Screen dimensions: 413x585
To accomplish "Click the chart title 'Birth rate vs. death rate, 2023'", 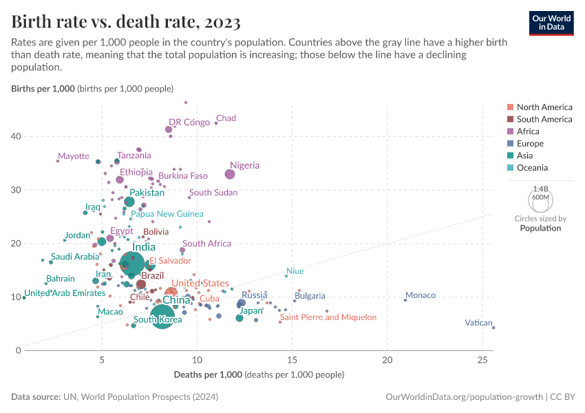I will pos(126,22).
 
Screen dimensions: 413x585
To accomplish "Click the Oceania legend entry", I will pos(531,168).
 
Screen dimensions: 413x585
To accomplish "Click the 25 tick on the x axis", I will pos(482,359).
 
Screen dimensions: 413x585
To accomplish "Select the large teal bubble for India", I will pos(132,264).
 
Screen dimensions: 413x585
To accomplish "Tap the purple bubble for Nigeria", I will pos(230,174).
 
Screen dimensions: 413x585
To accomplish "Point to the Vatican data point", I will pos(493,328).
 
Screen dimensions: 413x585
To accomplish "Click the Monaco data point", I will pos(405,300).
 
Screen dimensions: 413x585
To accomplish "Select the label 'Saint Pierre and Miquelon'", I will pos(328,317).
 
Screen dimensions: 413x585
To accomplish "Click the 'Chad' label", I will pos(226,118).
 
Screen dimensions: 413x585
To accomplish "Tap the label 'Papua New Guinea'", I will pos(167,214).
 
